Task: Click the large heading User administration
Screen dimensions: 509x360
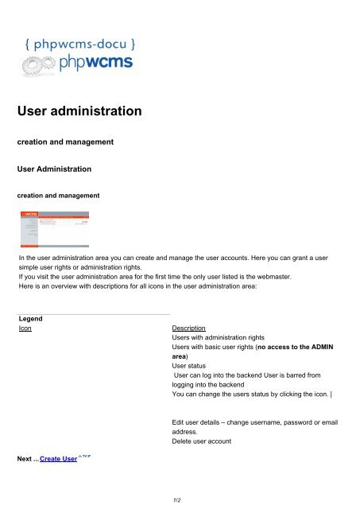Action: [x=79, y=112]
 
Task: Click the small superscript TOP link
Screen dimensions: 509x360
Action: [x=83, y=457]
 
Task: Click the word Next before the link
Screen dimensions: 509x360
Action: [x=28, y=460]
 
